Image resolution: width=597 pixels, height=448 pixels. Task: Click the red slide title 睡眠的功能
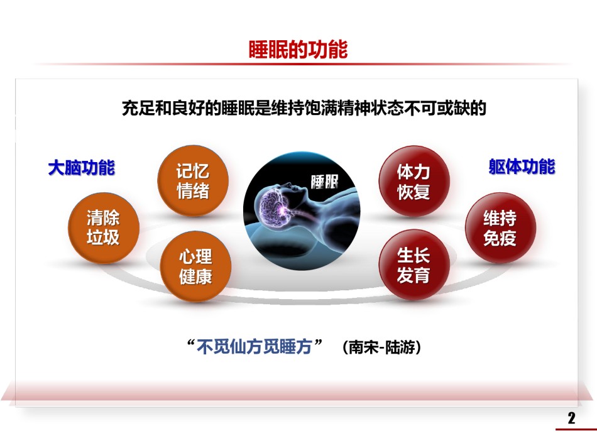pos(298,50)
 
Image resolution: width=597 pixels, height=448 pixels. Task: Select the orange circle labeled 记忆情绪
pos(193,181)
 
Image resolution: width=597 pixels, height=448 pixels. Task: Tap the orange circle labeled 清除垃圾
pos(104,228)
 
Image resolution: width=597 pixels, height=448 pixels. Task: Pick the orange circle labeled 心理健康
pos(195,266)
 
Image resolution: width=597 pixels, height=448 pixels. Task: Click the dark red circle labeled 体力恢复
pos(414,181)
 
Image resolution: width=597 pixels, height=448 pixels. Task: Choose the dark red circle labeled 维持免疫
pos(500,228)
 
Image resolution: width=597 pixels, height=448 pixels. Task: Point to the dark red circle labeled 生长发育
pos(414,265)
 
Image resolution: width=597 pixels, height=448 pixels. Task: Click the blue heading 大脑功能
pos(82,168)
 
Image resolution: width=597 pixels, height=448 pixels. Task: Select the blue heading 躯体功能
pos(522,167)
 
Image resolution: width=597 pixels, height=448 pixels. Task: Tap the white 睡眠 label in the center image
pos(324,182)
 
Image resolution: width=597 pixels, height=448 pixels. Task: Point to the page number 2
pos(571,418)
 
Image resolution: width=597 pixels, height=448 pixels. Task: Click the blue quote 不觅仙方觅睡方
pos(254,347)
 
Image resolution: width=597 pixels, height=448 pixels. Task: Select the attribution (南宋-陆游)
pos(381,347)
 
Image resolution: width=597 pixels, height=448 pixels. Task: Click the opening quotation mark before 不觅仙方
pos(191,342)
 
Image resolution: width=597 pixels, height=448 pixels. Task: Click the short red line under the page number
pos(576,429)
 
